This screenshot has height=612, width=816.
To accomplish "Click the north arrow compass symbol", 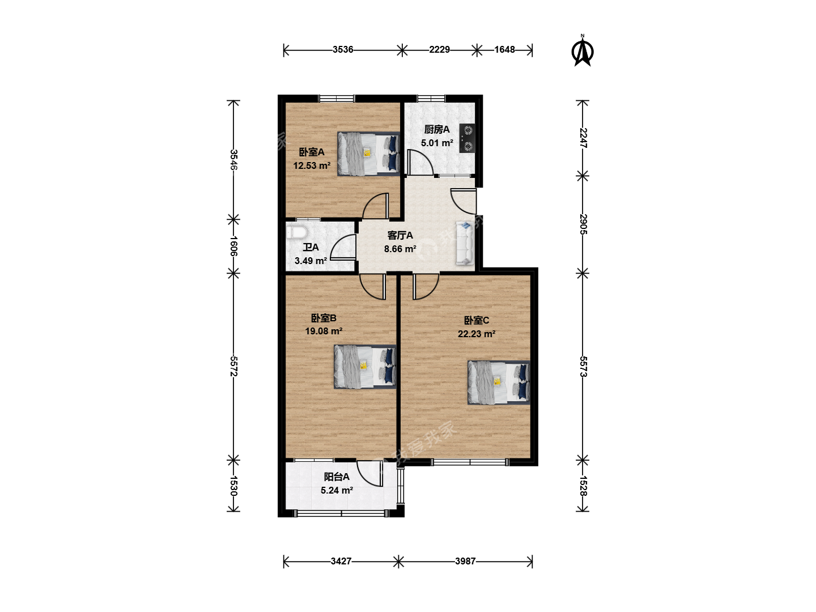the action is (x=582, y=50).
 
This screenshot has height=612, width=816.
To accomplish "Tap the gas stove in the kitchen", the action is (x=467, y=138).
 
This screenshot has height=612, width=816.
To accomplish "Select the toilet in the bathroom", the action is (x=297, y=233).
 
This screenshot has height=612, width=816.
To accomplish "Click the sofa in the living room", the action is (x=465, y=243).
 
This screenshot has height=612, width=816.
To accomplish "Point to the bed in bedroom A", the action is (x=368, y=154).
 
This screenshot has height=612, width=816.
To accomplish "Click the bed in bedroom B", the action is (x=365, y=367).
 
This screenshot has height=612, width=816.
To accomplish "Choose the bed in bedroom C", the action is (x=499, y=382).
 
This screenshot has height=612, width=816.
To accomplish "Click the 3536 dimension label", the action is (x=342, y=50).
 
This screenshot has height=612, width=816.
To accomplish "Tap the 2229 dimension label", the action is (x=439, y=50).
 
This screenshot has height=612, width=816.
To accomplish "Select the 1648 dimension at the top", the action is (x=504, y=50).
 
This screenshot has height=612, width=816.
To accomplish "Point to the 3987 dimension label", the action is (x=465, y=561).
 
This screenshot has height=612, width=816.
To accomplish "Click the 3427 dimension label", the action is (x=341, y=561).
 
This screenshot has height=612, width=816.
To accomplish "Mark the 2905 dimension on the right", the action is (x=583, y=224).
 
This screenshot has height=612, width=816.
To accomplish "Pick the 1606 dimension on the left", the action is (x=233, y=246).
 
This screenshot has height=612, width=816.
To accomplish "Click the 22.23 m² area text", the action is (x=476, y=334).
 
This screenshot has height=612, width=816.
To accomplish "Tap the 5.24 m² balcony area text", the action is (x=337, y=491).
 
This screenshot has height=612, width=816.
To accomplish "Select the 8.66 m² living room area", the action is (x=400, y=249).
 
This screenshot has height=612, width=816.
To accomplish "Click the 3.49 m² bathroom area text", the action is (x=311, y=261).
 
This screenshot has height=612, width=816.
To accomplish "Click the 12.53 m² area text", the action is (x=312, y=165).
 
